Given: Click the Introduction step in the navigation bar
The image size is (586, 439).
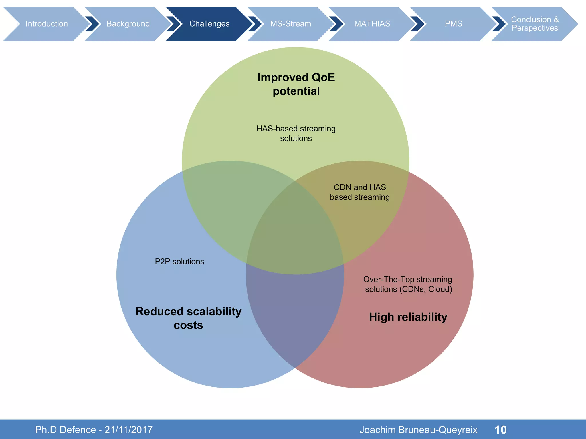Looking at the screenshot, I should click(47, 24).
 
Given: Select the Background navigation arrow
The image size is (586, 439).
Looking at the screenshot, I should click(128, 24).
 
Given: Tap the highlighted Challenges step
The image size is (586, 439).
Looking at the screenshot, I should click(209, 24).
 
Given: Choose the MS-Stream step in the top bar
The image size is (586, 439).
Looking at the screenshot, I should click(290, 24).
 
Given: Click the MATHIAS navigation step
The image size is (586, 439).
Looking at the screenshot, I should click(372, 24).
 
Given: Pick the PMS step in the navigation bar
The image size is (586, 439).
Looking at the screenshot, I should click(453, 24).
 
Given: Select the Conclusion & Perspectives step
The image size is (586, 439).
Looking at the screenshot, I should click(534, 24).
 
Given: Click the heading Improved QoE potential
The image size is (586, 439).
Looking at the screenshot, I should click(296, 84).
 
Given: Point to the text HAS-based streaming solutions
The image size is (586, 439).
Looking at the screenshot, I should click(296, 133).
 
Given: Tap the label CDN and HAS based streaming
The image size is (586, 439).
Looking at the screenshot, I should click(360, 192).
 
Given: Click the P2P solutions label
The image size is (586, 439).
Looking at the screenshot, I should click(179, 262).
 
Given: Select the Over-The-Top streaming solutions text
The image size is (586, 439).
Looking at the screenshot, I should click(408, 284).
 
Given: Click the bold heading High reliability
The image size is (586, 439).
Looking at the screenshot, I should click(408, 317).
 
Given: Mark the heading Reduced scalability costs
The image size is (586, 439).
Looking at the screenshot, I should click(189, 318).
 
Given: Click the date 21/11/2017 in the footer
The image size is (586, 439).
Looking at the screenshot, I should click(128, 430).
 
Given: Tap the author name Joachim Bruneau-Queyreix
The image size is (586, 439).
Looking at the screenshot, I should click(418, 430).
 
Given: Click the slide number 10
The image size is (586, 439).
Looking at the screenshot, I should click(500, 430).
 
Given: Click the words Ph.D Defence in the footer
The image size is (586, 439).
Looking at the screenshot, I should click(66, 430).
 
